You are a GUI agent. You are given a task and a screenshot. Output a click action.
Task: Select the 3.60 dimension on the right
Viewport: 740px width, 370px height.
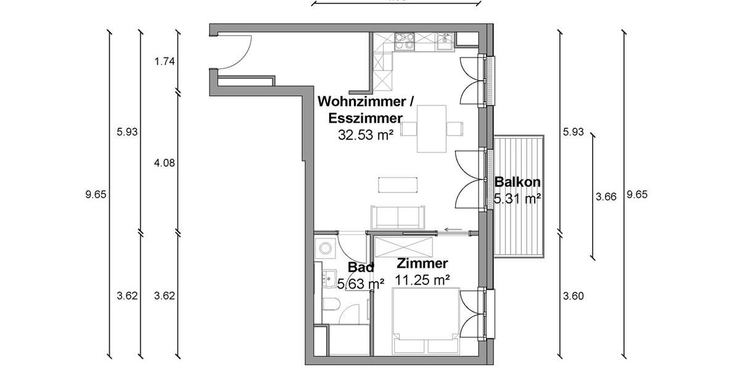click(573, 296)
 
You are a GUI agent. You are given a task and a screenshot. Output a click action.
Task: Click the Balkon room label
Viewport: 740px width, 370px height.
click(517, 182)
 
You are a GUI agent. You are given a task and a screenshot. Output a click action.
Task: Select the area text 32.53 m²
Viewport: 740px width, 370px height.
click(366, 136)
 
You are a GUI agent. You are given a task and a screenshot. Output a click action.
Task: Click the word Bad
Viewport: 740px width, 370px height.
click(361, 268)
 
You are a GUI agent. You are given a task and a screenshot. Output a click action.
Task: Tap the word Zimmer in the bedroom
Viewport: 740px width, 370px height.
click(422, 264)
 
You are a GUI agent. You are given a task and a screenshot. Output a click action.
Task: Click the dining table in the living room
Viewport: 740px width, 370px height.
click(432, 128)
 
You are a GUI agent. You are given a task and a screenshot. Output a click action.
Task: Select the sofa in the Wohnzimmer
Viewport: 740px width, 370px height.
click(398, 217)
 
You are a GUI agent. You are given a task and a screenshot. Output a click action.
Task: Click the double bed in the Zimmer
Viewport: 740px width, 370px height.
click(427, 321)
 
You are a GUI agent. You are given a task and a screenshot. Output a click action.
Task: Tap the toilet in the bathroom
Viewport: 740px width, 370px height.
click(331, 305)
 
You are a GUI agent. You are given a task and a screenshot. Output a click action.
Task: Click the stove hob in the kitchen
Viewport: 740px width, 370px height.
click(405, 41)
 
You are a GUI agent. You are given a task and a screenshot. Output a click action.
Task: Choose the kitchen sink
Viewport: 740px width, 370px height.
click(445, 41)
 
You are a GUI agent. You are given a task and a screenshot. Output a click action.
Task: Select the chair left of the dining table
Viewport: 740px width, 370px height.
click(409, 129)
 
